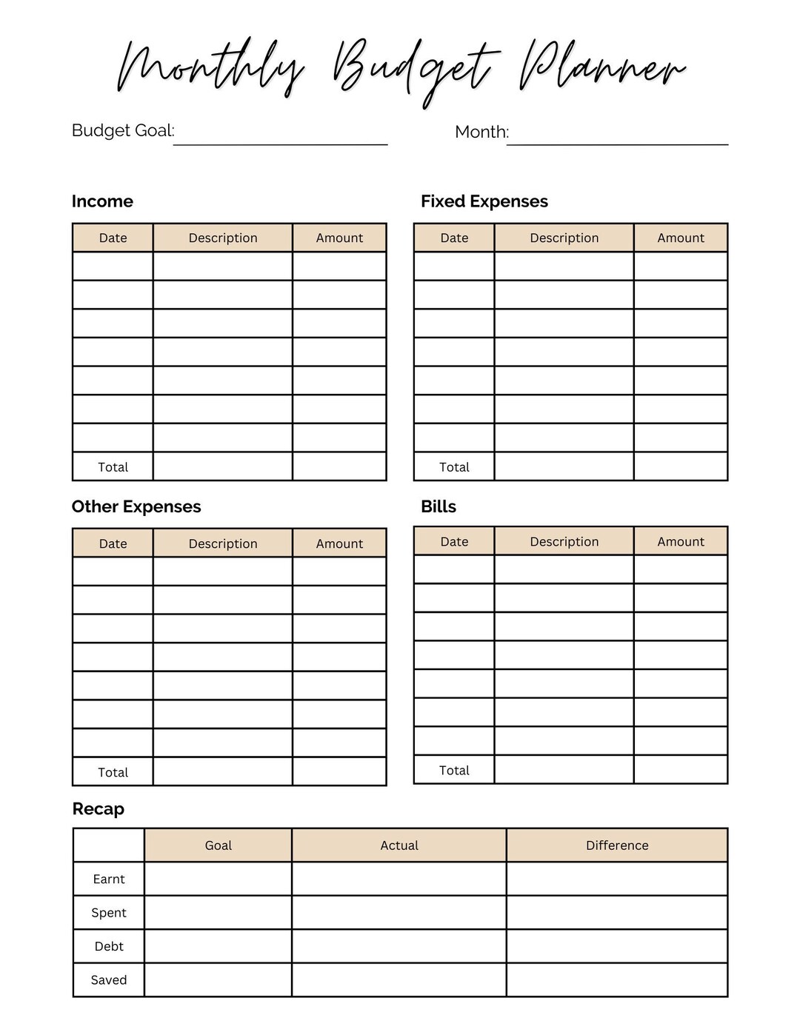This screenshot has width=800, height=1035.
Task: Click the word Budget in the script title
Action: tap(415, 70)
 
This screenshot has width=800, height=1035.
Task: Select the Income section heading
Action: tap(102, 201)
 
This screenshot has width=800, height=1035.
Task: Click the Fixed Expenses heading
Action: tap(484, 201)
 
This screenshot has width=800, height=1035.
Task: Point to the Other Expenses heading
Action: tap(136, 506)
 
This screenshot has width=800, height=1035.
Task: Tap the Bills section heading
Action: tap(439, 506)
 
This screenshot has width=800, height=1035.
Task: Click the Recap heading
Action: tap(99, 808)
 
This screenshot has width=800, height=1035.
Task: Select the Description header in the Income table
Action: tap(223, 238)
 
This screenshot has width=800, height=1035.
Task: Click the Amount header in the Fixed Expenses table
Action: tap(681, 238)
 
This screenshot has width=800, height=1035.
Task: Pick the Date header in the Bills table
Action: tap(454, 541)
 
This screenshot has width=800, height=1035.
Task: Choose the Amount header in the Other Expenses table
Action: tap(339, 543)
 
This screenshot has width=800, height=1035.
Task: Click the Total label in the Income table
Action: tap(113, 467)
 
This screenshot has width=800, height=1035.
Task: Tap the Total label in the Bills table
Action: tap(454, 770)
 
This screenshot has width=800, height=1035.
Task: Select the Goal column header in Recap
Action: tap(219, 845)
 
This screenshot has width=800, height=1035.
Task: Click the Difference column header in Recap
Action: tap(617, 845)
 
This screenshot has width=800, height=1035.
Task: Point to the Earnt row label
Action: tap(109, 879)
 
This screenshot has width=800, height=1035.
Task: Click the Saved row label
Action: tap(109, 979)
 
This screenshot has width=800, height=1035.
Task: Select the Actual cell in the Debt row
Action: tap(399, 946)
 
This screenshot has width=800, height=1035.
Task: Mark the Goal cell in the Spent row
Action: tap(219, 913)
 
